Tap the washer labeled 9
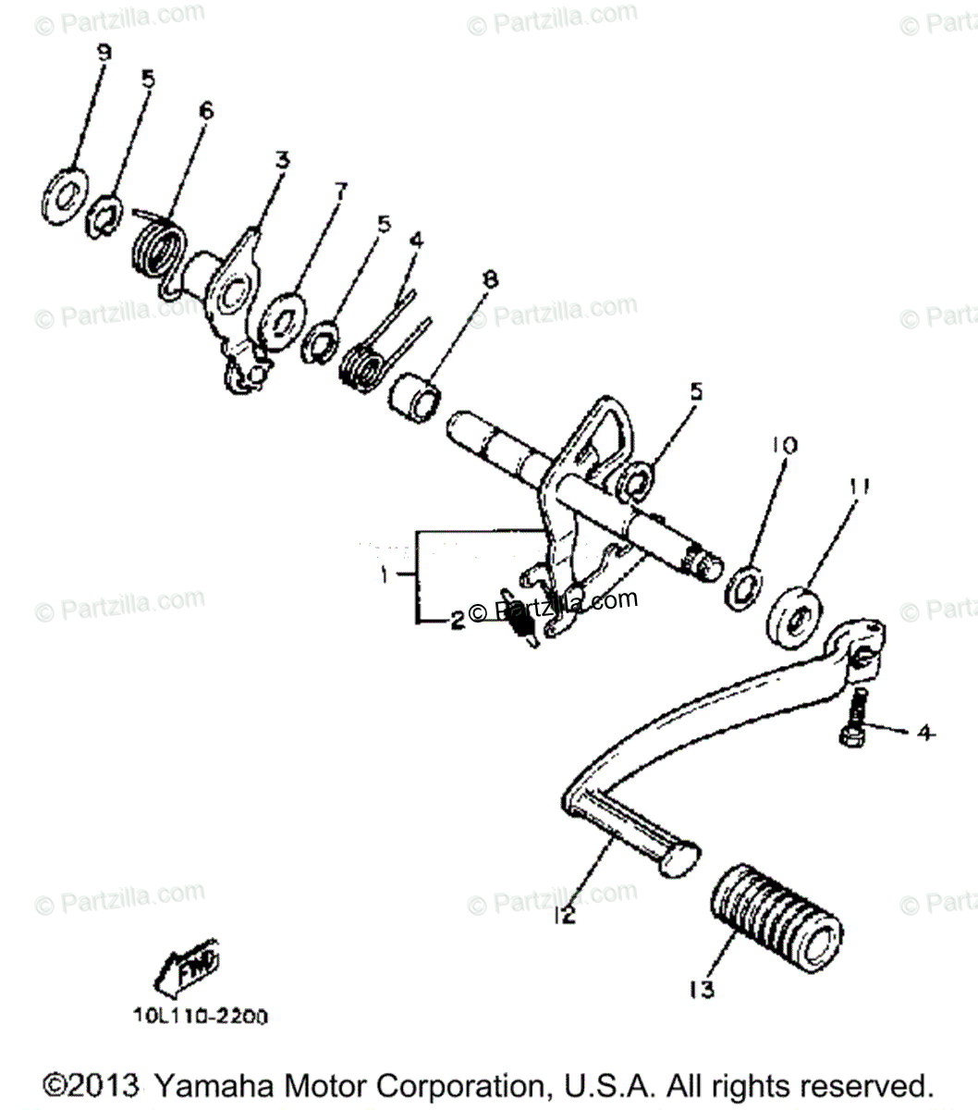(65, 196)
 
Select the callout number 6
(205, 111)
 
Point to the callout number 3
(280, 160)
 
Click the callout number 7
(340, 191)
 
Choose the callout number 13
(702, 990)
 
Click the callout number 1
(383, 575)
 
